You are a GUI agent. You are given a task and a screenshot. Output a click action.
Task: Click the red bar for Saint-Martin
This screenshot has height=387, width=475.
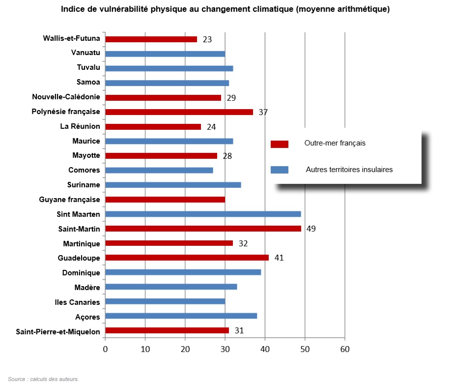tap(203, 229)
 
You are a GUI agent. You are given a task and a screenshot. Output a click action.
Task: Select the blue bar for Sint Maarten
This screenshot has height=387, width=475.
tap(203, 214)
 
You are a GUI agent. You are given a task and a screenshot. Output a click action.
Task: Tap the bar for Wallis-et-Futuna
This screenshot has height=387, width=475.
tap(151, 39)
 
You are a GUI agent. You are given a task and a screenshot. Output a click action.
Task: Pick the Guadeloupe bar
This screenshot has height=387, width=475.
tap(187, 258)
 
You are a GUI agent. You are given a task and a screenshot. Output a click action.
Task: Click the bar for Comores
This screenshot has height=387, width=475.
tap(159, 170)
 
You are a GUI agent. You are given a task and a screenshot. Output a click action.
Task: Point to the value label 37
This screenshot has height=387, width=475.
tap(263, 112)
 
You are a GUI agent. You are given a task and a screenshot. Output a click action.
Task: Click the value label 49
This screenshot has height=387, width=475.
tap(311, 229)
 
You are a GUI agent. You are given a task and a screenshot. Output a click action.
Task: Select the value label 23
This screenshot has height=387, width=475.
tap(207, 39)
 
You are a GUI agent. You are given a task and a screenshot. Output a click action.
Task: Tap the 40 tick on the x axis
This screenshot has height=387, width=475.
tap(265, 349)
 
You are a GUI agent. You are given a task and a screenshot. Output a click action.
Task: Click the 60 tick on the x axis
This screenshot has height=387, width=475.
tap(345, 349)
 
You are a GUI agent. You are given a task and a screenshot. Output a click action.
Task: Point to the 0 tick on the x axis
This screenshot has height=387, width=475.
tap(105, 349)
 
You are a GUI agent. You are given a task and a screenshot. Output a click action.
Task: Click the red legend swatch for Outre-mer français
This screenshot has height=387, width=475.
tap(279, 144)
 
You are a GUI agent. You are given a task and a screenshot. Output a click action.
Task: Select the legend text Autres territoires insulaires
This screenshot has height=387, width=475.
tap(349, 170)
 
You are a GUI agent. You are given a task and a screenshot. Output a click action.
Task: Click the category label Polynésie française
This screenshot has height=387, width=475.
tap(66, 112)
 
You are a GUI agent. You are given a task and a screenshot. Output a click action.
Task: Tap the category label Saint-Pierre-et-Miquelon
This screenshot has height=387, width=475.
tap(58, 331)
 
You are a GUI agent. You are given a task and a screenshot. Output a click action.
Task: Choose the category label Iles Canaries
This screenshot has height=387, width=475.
tap(77, 302)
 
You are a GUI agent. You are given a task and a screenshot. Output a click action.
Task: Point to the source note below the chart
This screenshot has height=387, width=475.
tap(43, 379)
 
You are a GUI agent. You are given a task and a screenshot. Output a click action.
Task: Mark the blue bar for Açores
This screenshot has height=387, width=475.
tap(181, 316)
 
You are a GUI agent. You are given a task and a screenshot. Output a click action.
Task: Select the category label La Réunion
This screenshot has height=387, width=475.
tap(80, 126)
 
